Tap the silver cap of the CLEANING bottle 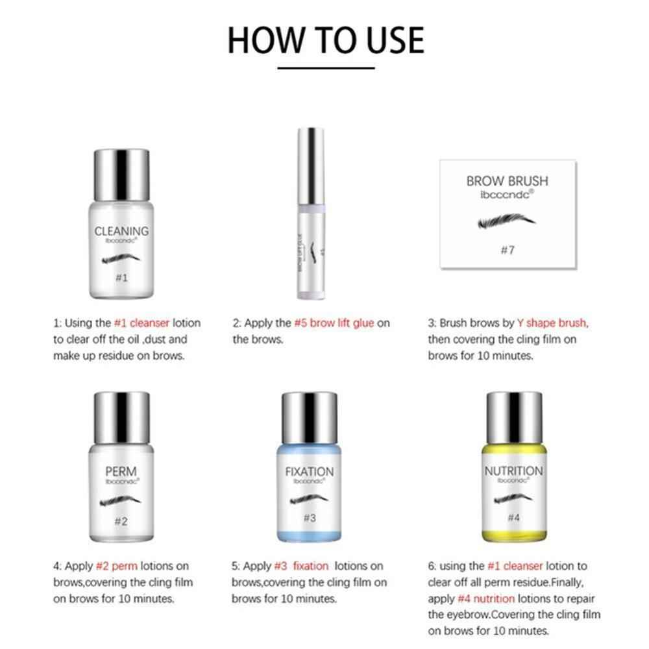coord(121,173)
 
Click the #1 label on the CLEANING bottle coord(121,278)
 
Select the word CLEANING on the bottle coord(121,230)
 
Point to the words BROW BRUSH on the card coord(508,180)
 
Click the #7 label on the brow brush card coord(508,251)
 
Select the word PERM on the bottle coord(121,470)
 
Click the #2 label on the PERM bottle coord(121,521)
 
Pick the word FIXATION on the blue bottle coord(310,472)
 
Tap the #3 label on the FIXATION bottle coord(309,518)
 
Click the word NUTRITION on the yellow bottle coord(513,471)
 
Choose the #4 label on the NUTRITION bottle coord(513,517)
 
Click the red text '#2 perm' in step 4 coord(116,566)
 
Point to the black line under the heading coord(326,67)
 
